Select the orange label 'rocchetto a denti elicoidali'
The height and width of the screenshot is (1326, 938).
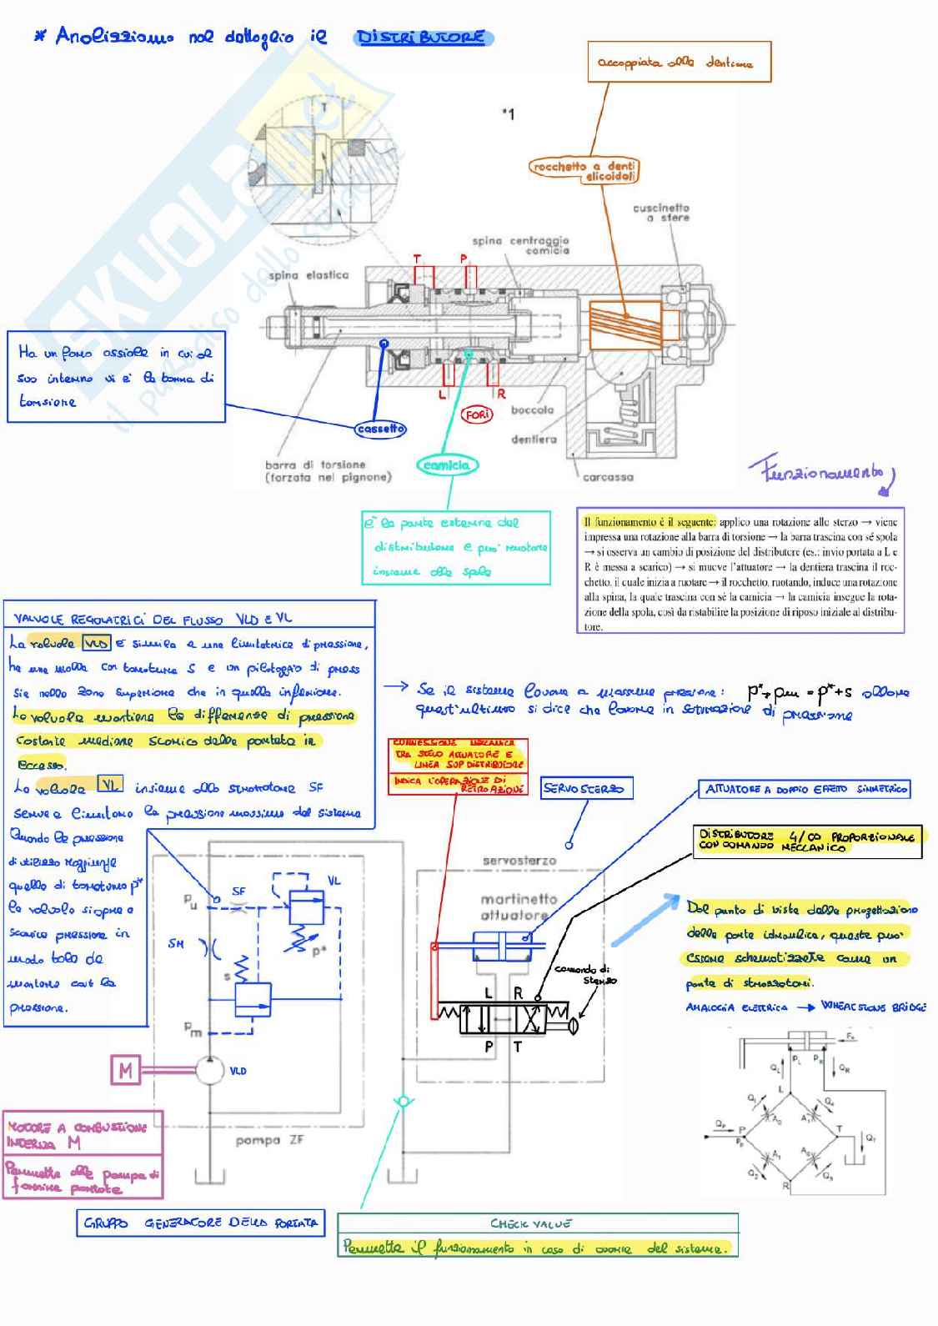(x=584, y=171)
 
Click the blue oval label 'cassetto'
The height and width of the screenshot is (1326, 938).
(x=380, y=429)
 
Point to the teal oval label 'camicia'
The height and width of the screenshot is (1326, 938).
(x=447, y=465)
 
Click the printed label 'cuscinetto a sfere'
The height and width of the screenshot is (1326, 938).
(x=661, y=212)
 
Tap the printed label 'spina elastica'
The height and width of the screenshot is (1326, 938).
(x=308, y=275)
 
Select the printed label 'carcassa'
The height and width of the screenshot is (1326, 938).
(x=608, y=477)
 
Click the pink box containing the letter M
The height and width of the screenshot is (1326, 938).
(x=126, y=1069)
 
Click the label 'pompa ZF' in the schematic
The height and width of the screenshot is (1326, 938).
(x=269, y=1140)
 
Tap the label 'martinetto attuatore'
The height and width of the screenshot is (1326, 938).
(x=519, y=907)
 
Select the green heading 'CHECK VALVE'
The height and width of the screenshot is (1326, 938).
(x=530, y=1223)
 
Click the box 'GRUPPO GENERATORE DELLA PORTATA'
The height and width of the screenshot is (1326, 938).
(x=200, y=1223)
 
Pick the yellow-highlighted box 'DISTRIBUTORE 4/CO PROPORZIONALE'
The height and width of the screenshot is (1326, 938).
(x=807, y=841)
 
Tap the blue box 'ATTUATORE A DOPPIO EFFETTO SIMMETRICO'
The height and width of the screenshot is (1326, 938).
(x=805, y=789)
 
